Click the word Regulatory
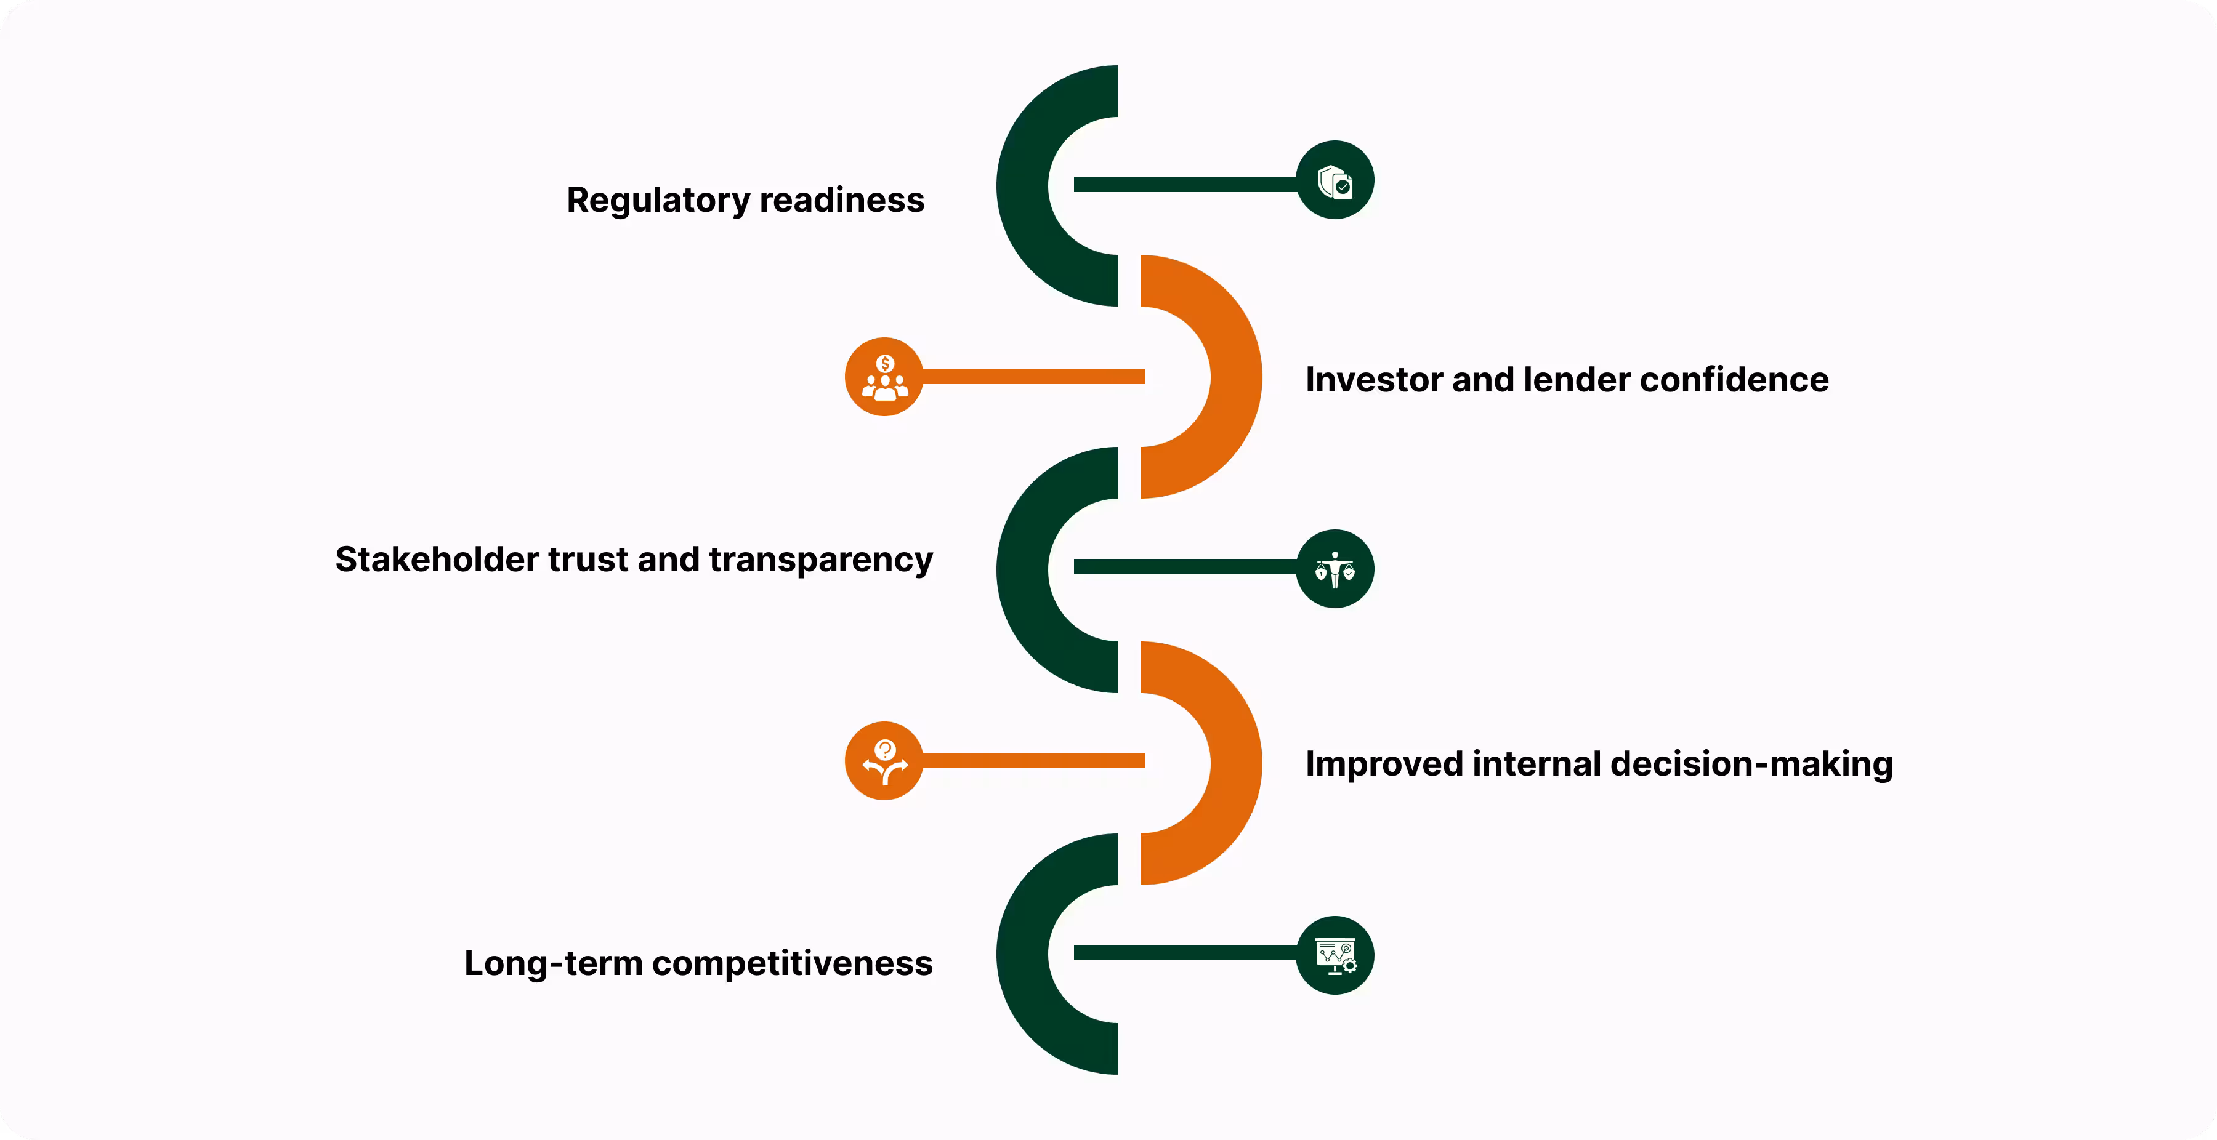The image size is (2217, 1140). tap(658, 201)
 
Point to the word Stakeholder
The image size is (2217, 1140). tap(437, 560)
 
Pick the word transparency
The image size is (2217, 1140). tap(820, 561)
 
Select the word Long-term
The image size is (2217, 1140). tap(552, 963)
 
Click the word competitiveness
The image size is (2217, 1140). tap(792, 963)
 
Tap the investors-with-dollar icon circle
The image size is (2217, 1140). tap(884, 377)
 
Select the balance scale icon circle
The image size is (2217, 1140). tap(1335, 569)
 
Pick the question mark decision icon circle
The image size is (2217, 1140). tap(884, 761)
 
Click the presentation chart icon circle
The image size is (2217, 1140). tap(1335, 955)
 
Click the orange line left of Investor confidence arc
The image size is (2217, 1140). tap(1033, 377)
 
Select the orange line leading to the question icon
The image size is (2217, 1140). tap(1033, 761)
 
